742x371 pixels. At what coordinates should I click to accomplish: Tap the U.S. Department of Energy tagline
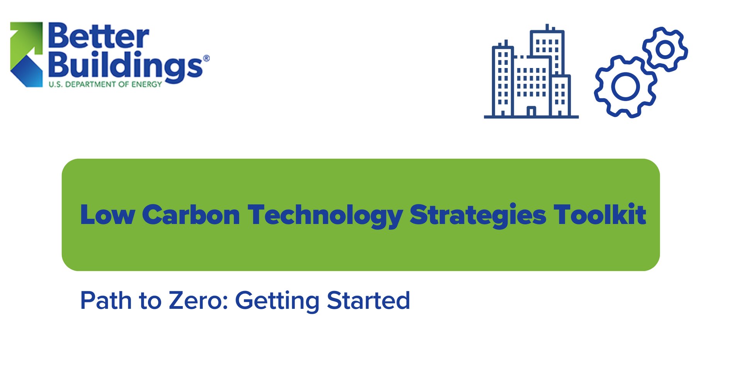105,84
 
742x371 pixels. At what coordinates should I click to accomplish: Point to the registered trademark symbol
206,58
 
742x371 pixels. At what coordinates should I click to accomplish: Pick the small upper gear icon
665,49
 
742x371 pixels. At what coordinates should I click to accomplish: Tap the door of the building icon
531,111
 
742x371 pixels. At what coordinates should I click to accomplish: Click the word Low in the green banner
107,215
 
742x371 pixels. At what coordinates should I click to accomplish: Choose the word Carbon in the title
191,215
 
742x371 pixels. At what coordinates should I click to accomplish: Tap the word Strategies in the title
478,215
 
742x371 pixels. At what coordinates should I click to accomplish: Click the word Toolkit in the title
600,215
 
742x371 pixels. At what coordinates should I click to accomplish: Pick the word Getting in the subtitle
277,301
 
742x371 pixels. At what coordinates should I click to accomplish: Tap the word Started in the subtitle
368,301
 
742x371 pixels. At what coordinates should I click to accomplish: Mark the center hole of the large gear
625,87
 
